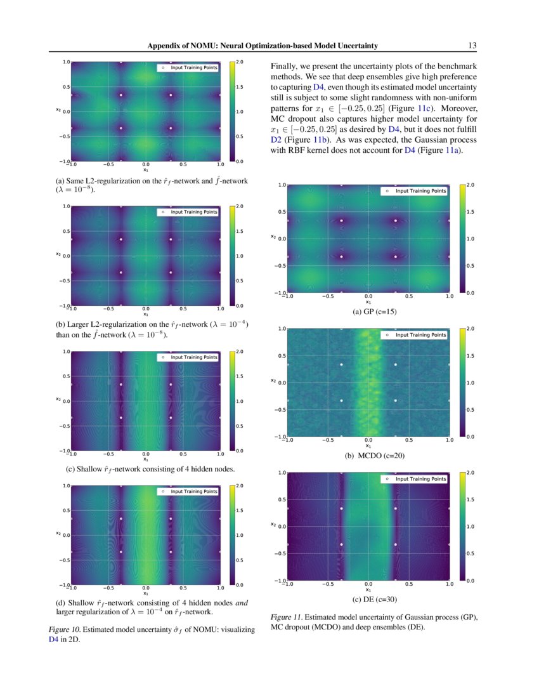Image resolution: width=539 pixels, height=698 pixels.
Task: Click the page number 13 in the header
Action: (x=472, y=46)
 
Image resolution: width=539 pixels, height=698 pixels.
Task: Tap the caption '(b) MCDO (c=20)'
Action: (x=370, y=456)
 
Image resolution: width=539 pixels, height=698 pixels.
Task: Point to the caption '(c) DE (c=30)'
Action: (x=370, y=599)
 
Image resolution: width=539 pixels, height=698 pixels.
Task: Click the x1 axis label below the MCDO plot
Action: (x=368, y=445)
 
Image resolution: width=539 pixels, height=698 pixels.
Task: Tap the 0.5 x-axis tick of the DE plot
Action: (x=408, y=584)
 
